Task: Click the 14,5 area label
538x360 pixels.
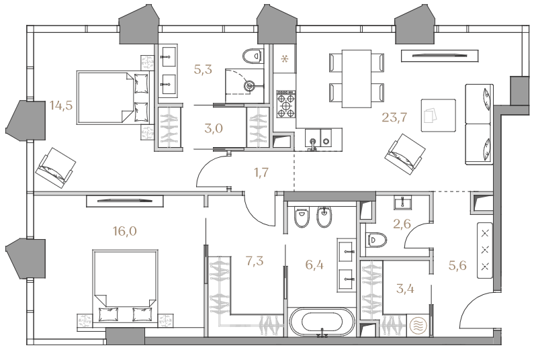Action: (x=61, y=105)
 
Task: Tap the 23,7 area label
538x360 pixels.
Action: (x=394, y=118)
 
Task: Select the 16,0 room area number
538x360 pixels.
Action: (x=125, y=231)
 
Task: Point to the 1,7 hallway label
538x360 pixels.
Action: (x=261, y=173)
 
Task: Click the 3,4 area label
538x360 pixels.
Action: (x=405, y=289)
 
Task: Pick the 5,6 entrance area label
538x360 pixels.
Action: (x=457, y=265)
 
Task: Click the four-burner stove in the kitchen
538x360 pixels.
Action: (x=286, y=104)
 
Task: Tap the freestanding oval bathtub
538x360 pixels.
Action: (x=322, y=322)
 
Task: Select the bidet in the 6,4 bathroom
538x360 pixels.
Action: (x=324, y=218)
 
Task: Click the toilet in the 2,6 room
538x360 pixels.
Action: (x=376, y=240)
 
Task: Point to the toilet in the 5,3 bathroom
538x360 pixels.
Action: (x=253, y=55)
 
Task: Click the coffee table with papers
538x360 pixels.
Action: (x=439, y=116)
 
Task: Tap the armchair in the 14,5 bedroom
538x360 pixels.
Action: (x=56, y=167)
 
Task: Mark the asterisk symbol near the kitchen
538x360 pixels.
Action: (x=285, y=59)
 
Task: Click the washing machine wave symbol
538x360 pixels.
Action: (x=418, y=325)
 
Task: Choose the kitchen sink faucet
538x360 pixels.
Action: (x=312, y=144)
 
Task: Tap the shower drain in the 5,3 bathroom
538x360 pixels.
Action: (x=250, y=85)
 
